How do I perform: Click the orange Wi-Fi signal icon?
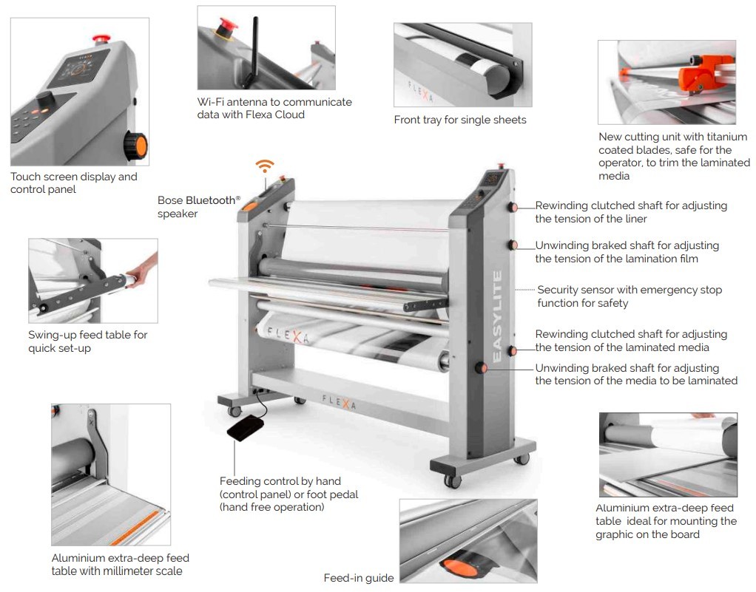[265, 166]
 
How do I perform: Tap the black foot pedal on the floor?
[246, 429]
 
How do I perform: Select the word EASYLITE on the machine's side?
[497, 316]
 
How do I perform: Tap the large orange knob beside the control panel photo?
[135, 146]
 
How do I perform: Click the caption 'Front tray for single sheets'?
[460, 120]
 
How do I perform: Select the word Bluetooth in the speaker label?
[210, 200]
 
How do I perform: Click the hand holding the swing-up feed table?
[145, 271]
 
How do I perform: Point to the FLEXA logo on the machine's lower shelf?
[339, 402]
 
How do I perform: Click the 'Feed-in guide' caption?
[359, 578]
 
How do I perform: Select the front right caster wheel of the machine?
[452, 480]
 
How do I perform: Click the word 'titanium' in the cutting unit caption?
[727, 137]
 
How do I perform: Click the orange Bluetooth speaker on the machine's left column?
[250, 206]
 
